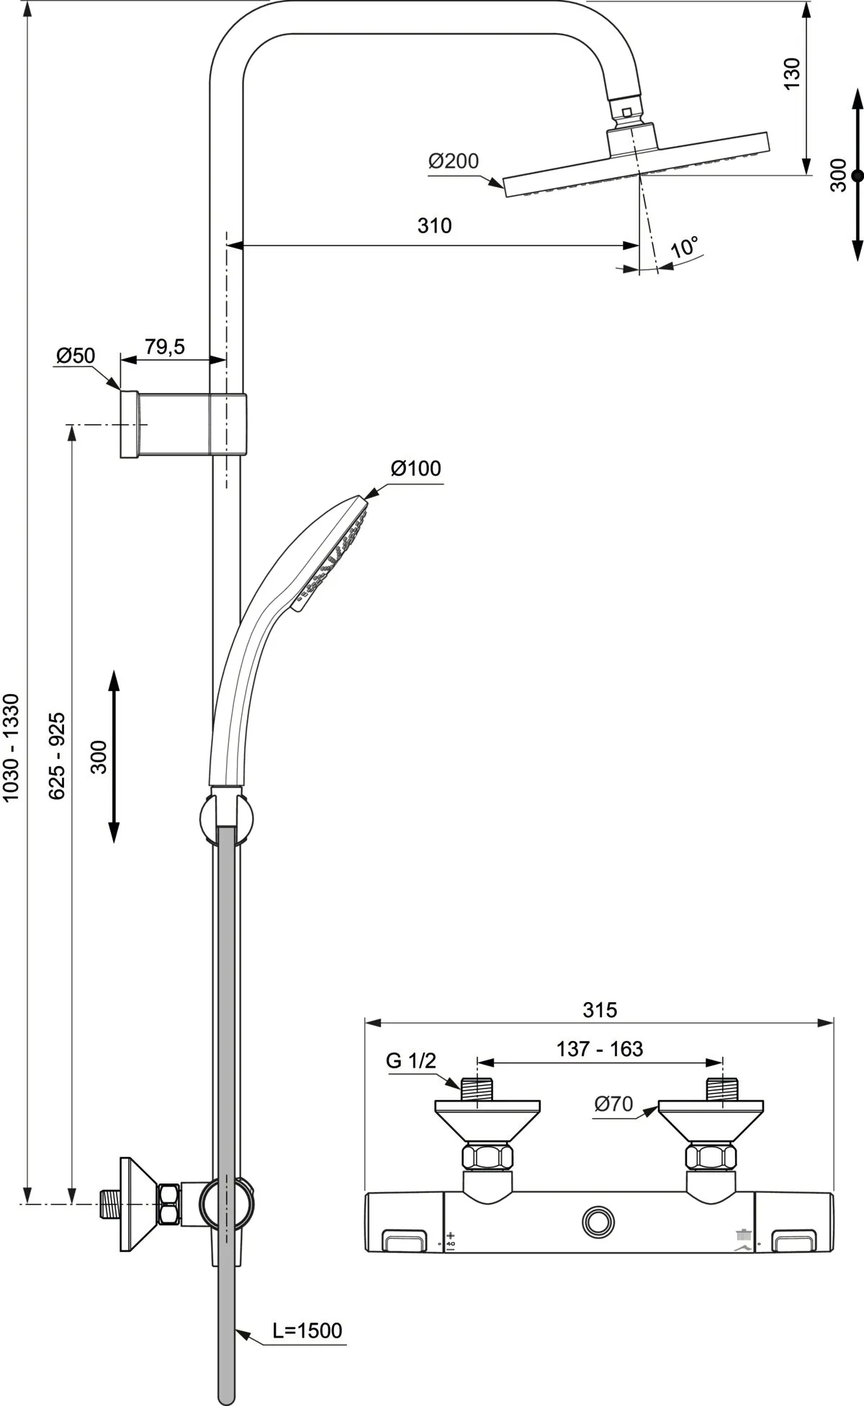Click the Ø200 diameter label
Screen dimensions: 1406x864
(x=454, y=161)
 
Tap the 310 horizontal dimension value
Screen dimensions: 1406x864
(x=434, y=226)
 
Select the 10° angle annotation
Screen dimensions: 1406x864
(x=684, y=248)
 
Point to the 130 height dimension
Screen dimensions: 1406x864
(x=791, y=73)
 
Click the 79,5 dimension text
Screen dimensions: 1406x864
(x=165, y=347)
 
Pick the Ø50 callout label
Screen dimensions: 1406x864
(x=76, y=356)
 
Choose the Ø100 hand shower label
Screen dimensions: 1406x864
(x=415, y=469)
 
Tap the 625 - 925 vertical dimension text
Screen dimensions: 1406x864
(x=58, y=755)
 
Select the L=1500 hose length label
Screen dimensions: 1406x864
(x=307, y=1331)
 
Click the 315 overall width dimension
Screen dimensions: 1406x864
(x=600, y=1010)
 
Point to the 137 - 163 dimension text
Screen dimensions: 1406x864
(x=599, y=1049)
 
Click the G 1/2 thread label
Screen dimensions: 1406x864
(x=411, y=1060)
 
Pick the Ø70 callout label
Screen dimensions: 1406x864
(x=613, y=1104)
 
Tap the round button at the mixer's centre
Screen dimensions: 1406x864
(x=598, y=1221)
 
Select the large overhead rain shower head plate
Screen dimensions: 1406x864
(x=636, y=163)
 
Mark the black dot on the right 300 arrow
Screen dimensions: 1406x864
(x=857, y=175)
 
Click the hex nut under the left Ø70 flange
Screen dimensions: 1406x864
(x=487, y=1157)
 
